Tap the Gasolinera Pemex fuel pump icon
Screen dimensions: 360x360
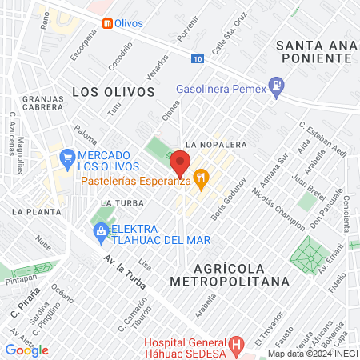point(277,84)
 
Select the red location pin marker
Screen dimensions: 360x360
point(180,162)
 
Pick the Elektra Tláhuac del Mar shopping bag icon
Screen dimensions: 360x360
point(100,232)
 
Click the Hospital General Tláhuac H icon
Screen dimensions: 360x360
point(235,346)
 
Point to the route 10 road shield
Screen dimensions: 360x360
point(198,58)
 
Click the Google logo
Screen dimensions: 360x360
point(26,350)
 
